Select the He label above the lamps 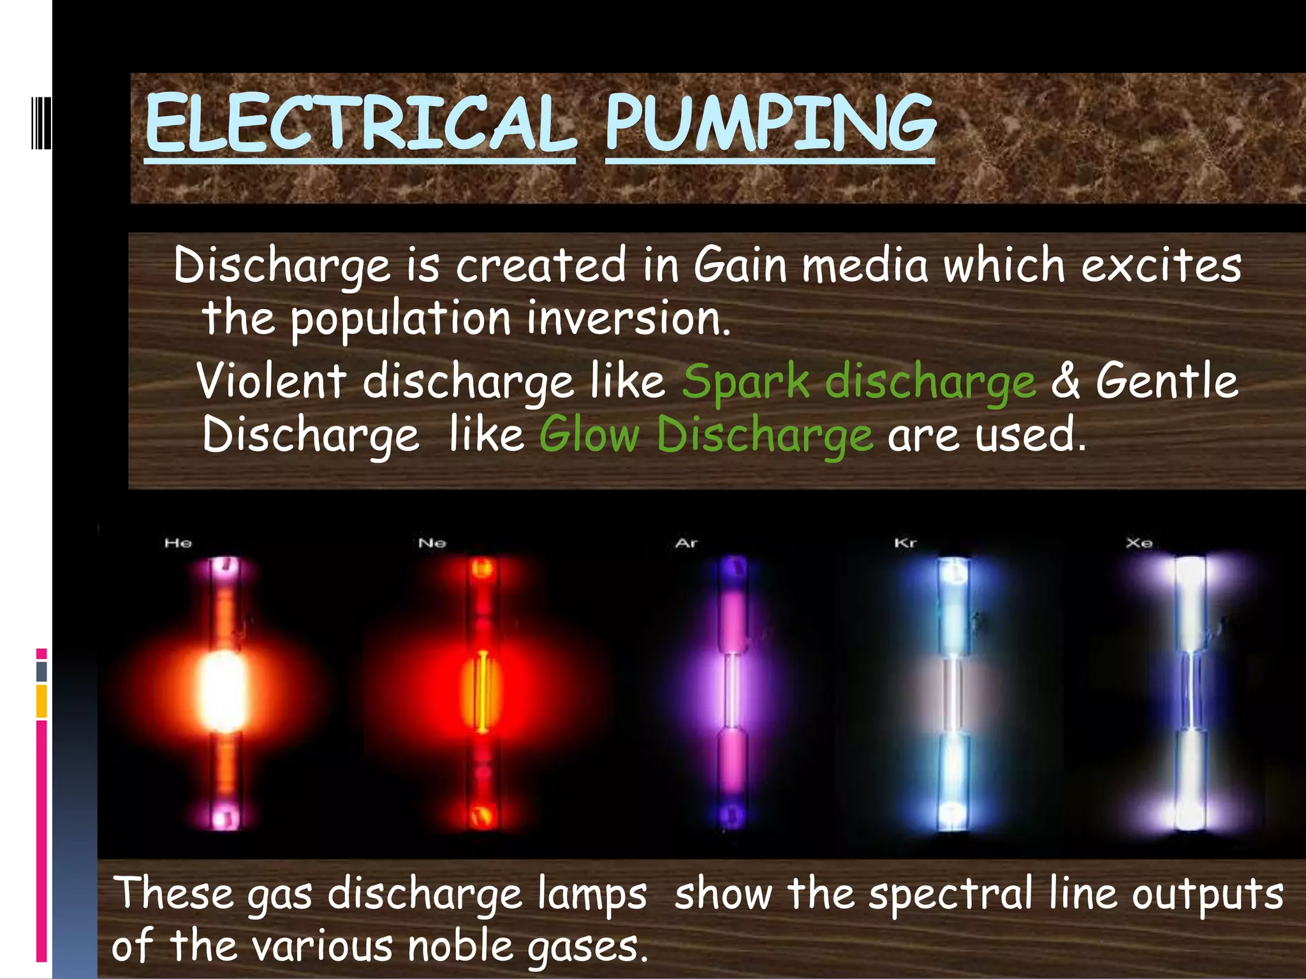tap(178, 543)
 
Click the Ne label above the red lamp tap(432, 543)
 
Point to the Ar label tap(686, 543)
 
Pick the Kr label tap(905, 543)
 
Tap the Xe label tap(1139, 543)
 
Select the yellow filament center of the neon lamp tap(483, 692)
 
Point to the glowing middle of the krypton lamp tap(952, 693)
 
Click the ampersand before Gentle tap(1066, 381)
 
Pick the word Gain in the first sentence tap(740, 266)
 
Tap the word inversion tap(628, 319)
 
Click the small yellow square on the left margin tap(41, 701)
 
